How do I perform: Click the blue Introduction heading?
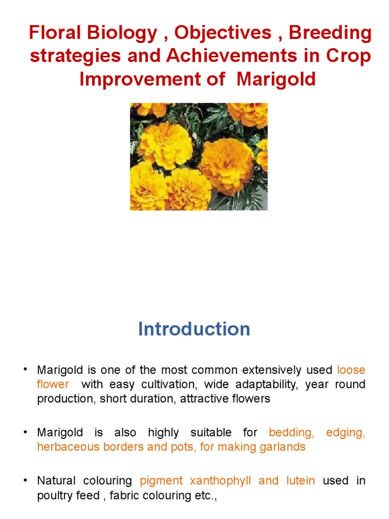[194, 329]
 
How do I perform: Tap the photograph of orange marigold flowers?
[199, 157]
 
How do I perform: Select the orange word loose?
[351, 370]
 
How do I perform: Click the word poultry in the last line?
[53, 495]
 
